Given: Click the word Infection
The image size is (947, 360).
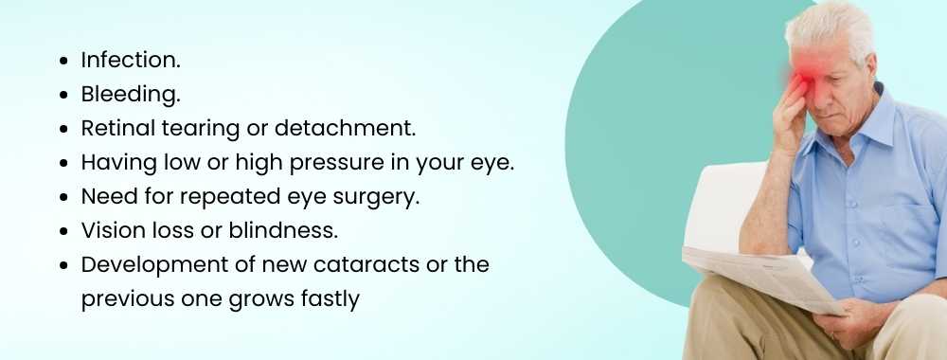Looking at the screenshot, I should click(130, 60).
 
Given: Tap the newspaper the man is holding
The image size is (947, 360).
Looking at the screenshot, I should click(758, 279).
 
